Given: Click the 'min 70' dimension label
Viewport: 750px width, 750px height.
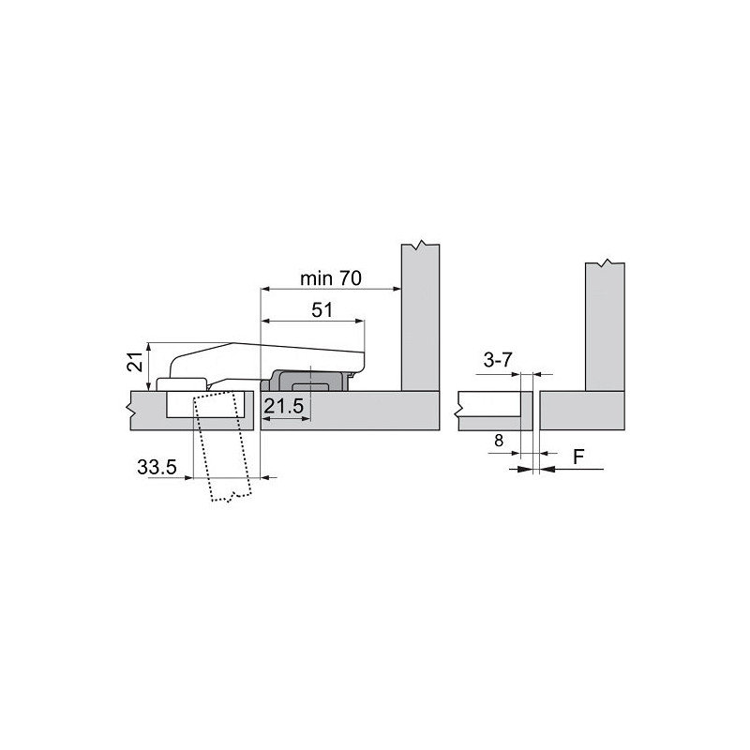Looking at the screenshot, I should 331,278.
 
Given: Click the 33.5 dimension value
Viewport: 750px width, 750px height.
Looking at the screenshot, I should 157,467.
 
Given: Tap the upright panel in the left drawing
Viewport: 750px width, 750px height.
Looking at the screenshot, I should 421,319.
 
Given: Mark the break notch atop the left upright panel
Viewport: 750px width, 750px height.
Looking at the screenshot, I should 421,247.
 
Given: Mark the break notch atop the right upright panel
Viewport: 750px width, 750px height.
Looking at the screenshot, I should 606,262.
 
